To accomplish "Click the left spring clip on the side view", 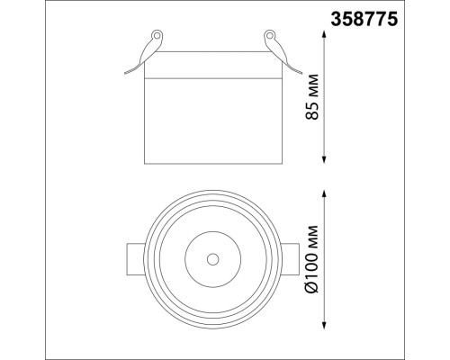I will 146,49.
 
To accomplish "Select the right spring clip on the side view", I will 276,49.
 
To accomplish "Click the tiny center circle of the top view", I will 211,259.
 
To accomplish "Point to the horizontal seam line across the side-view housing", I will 211,79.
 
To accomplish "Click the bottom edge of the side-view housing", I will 211,162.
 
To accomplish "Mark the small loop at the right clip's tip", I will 267,35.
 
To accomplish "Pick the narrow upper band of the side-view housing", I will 211,71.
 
